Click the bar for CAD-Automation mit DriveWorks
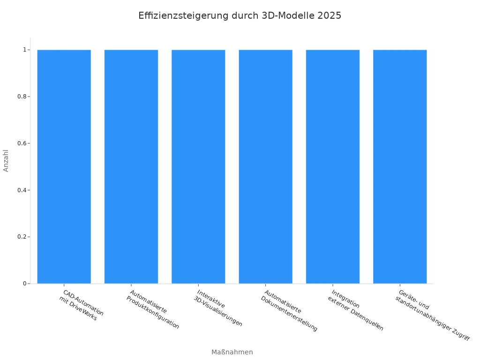64,166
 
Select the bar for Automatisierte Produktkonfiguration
131,166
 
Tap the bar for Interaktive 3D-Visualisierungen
198,166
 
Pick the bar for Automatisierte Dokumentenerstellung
265,166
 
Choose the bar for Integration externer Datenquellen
333,166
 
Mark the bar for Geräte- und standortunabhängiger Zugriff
400,166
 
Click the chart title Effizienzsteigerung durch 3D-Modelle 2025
240,15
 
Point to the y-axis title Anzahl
6,160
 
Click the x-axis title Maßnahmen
232,352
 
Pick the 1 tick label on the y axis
23,50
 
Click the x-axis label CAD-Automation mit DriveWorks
81,305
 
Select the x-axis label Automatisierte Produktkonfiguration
153,309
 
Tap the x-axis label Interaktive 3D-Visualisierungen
218,308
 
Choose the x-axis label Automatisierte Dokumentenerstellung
289,310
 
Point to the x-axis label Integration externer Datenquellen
356,310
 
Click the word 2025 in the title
329,15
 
